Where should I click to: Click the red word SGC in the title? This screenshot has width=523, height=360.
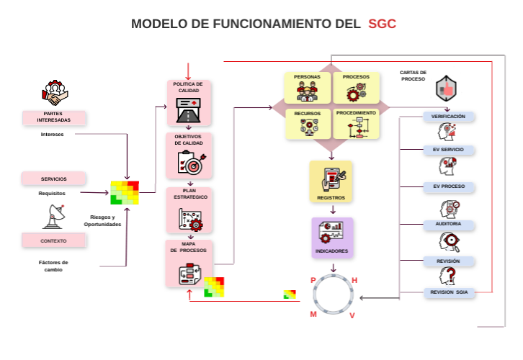click(x=382, y=24)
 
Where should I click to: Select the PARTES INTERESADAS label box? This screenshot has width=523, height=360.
click(x=54, y=117)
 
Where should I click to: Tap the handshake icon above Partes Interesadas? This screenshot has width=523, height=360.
click(x=55, y=93)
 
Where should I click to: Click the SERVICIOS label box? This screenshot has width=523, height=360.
click(x=54, y=179)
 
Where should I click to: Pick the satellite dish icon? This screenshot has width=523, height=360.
click(x=54, y=215)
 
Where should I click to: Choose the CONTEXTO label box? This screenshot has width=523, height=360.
click(x=54, y=240)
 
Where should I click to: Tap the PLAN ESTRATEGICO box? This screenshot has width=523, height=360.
click(x=188, y=210)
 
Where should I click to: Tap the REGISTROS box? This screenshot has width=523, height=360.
click(x=331, y=181)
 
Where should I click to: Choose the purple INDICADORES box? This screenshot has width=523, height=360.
click(x=332, y=238)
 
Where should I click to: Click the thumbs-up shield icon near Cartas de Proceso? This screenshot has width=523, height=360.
click(x=446, y=89)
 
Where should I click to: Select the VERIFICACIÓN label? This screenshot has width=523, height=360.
click(x=448, y=117)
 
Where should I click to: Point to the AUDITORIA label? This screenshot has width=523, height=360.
click(x=448, y=225)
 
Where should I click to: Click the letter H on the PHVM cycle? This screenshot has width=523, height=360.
click(x=354, y=280)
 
